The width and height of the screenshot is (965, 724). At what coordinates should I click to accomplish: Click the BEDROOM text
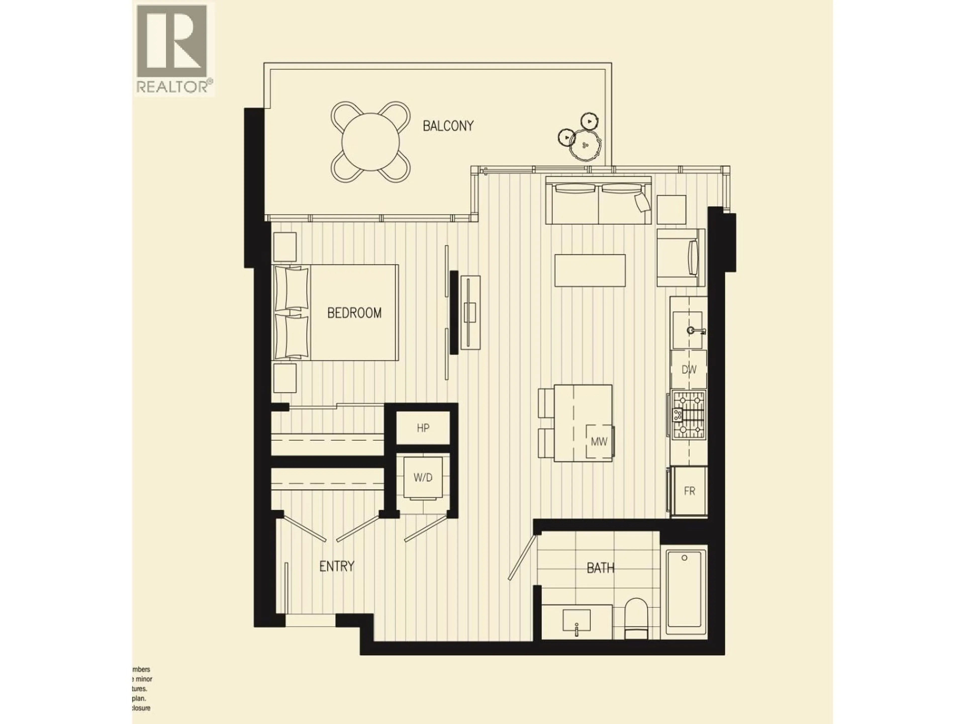(x=354, y=313)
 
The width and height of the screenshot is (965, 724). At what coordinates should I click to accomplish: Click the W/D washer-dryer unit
(x=423, y=477)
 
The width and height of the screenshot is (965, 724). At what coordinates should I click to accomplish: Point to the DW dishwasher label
(x=689, y=370)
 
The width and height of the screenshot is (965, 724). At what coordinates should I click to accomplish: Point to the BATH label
(x=600, y=568)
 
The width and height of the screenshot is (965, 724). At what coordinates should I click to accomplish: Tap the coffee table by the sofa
(x=590, y=270)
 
